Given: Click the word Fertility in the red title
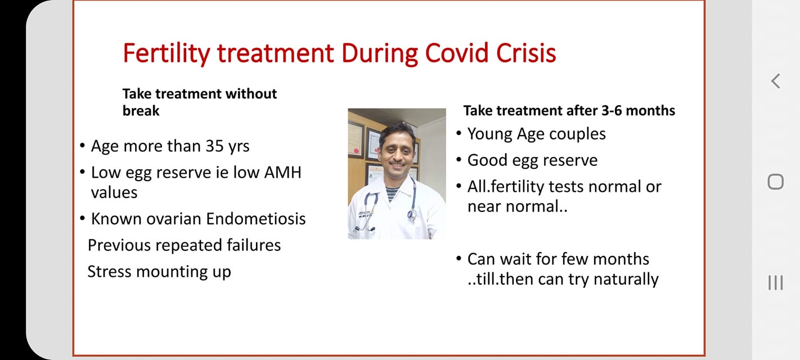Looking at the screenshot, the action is (167, 53).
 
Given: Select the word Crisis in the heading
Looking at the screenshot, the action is (526, 53).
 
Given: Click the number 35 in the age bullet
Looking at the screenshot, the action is (214, 146).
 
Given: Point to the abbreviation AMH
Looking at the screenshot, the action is (282, 173).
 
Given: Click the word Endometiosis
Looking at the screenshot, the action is (256, 219).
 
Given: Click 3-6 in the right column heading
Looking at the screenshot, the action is (612, 111).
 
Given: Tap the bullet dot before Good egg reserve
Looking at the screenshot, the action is (459, 159).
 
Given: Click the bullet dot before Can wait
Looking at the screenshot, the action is (459, 258).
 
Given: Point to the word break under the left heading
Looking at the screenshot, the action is (141, 111).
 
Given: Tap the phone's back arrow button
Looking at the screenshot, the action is (775, 81).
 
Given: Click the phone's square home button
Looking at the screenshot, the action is (775, 182).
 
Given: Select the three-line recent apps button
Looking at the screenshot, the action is (775, 282).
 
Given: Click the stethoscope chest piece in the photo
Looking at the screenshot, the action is (412, 214).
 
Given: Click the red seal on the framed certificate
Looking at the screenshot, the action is (356, 151).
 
